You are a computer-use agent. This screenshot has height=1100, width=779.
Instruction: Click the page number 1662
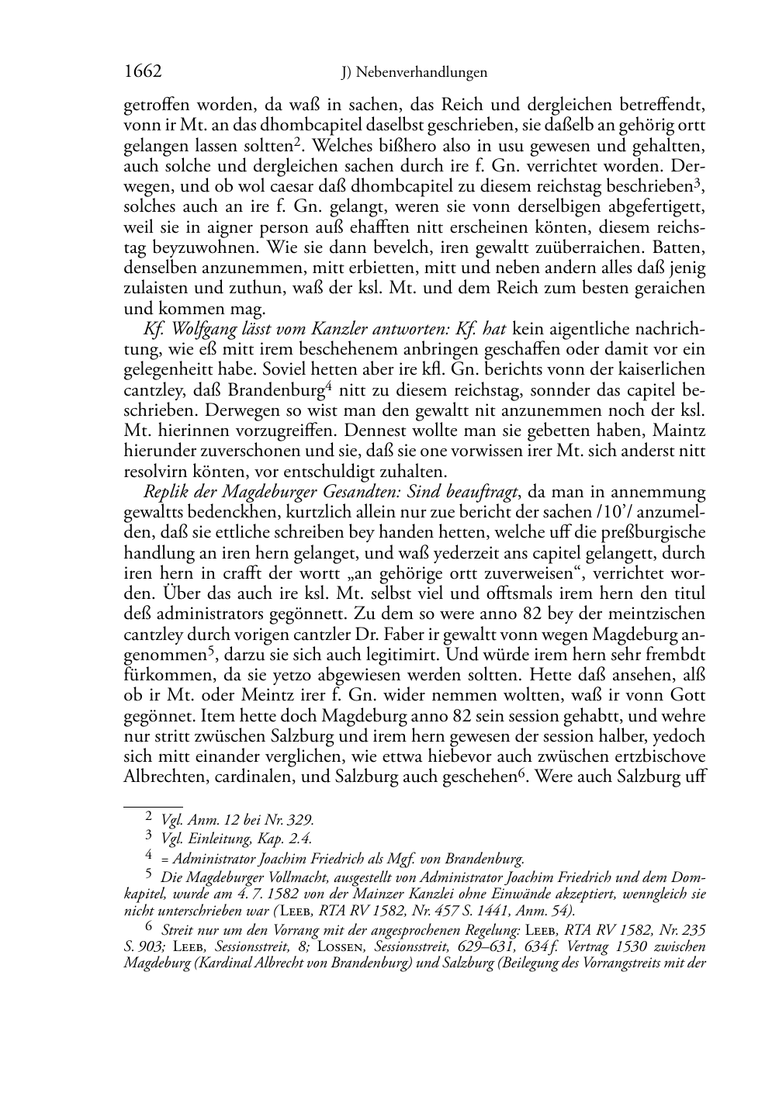(x=143, y=72)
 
